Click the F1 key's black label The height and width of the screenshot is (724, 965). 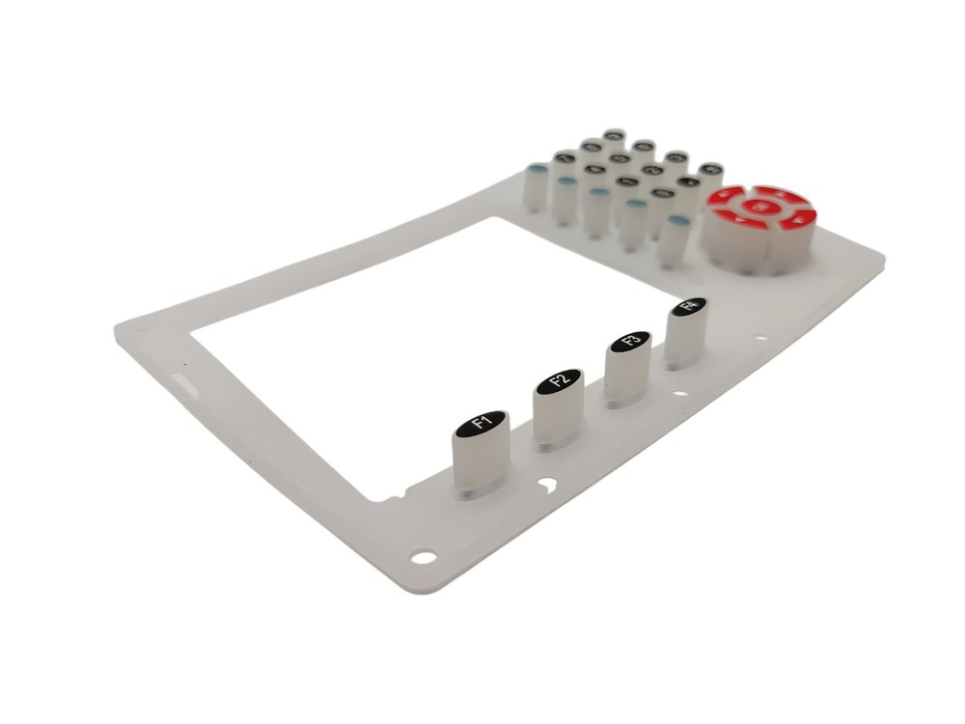[x=481, y=422]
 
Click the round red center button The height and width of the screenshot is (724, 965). [x=758, y=206]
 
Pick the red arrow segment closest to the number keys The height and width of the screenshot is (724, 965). [x=726, y=195]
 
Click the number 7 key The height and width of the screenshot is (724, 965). [x=565, y=158]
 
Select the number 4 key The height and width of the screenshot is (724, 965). [x=595, y=169]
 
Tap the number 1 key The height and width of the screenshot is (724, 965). [x=626, y=181]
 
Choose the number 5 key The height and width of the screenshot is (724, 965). [x=620, y=158]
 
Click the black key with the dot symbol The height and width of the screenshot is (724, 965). [x=688, y=181]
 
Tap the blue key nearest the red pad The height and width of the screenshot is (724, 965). [x=679, y=221]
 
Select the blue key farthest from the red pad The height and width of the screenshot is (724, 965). [x=538, y=168]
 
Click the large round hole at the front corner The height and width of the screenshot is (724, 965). [x=422, y=557]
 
